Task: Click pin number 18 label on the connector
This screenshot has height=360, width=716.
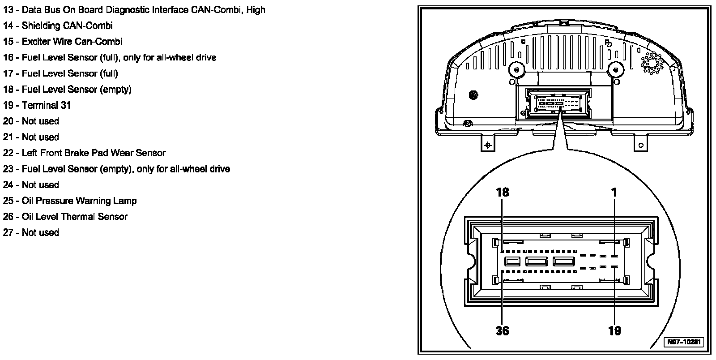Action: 503,192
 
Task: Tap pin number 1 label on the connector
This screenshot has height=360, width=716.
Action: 614,192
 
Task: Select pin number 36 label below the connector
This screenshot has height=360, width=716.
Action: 503,330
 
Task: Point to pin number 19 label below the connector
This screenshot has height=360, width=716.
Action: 614,330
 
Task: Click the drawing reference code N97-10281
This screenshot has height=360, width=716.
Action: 683,343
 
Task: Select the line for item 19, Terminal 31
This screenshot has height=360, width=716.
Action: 37,105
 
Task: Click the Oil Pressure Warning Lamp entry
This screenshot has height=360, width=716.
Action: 70,201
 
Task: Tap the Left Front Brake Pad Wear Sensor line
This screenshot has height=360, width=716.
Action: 84,153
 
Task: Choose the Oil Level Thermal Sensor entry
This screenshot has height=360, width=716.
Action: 65,217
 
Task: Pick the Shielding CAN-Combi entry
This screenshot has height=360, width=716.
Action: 58,26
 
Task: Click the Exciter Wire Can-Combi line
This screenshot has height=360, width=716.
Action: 63,42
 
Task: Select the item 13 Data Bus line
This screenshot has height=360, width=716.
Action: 134,9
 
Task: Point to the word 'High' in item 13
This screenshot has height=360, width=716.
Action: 256,9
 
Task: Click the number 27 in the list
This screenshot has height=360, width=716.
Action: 9,232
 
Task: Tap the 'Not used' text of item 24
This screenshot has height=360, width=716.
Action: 40,185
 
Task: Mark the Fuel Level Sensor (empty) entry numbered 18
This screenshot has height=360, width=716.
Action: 67,89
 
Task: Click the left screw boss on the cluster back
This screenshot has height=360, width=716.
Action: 516,70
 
